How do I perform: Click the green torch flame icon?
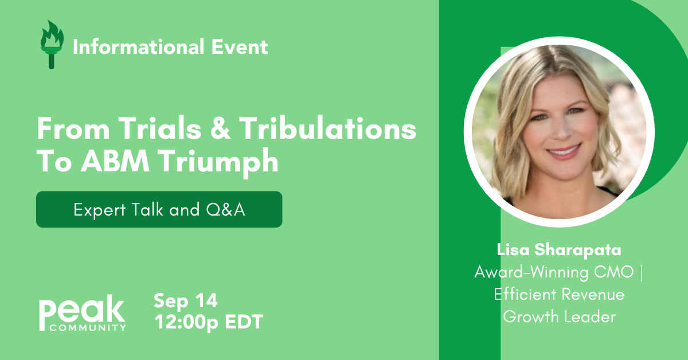52,44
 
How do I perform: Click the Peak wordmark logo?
82,312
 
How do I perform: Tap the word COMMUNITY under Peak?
88,328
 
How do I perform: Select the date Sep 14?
186,301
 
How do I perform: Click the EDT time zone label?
243,322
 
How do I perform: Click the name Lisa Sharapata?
559,251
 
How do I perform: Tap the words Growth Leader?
559,316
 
